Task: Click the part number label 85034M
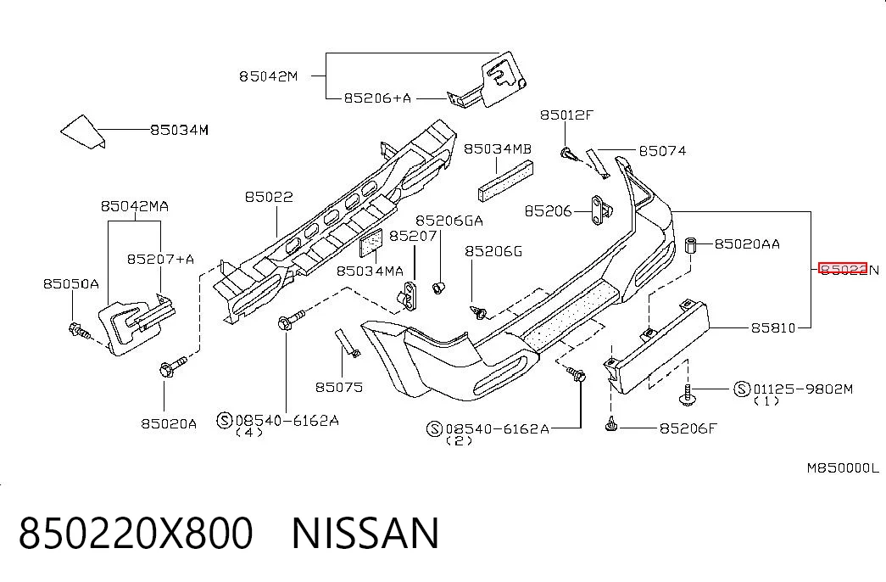coord(179,130)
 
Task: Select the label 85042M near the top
coord(268,76)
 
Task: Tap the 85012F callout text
coord(566,115)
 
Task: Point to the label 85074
coord(662,150)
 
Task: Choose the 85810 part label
coord(773,327)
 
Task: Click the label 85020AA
coord(747,243)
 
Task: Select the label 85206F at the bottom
coord(688,428)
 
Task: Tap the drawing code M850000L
coord(843,467)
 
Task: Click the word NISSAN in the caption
coord(365,533)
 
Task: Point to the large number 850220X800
coord(136,533)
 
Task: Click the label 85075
coord(339,388)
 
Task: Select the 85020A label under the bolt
coord(169,423)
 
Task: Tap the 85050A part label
coord(70,283)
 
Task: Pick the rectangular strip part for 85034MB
coord(505,181)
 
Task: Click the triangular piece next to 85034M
coord(82,132)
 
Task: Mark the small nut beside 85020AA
coord(690,245)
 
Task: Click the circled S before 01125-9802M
coord(742,389)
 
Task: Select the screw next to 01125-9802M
coord(687,395)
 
